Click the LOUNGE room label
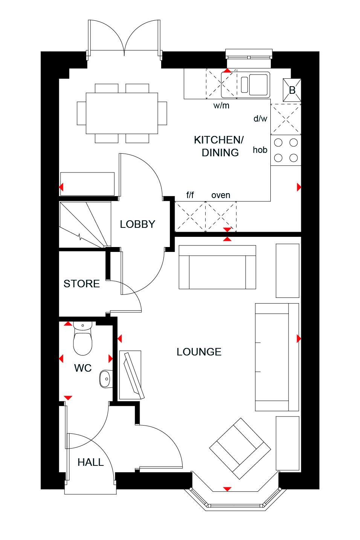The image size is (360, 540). (x=199, y=352)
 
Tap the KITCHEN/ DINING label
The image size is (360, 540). (x=219, y=146)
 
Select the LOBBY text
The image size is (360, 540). (x=137, y=224)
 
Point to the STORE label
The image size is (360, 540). (x=82, y=284)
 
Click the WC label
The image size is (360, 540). (x=83, y=368)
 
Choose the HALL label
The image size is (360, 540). (x=90, y=462)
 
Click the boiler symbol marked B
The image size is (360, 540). (x=292, y=90)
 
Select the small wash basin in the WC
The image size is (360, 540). (x=105, y=378)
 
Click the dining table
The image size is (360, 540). (x=122, y=113)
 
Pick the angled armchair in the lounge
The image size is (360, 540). (x=240, y=448)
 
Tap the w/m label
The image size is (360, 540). (x=221, y=105)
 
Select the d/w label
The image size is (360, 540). (x=260, y=119)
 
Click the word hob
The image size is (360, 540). (x=260, y=150)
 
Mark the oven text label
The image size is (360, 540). (x=221, y=195)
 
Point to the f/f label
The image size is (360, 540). (x=190, y=195)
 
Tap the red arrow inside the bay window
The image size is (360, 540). (x=227, y=489)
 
